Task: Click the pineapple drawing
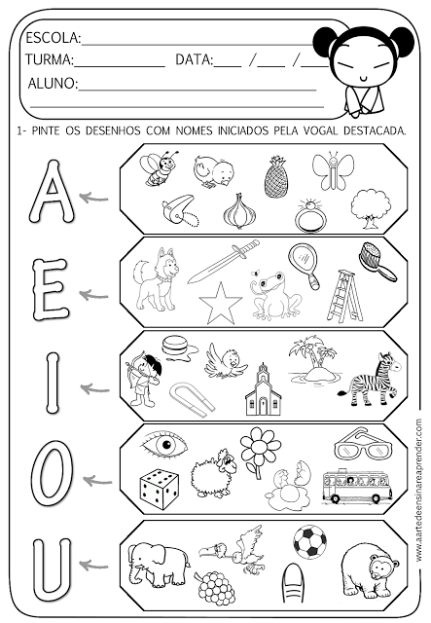coord(275,177)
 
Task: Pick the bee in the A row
coord(158,167)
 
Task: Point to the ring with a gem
coord(310,215)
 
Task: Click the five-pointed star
coord(221,304)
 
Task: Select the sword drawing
coord(223,261)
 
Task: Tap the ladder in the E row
coord(344,295)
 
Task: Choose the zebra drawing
coord(371,380)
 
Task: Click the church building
coord(263,390)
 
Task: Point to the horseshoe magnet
coord(192,398)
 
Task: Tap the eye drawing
coord(163,443)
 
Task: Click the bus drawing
coord(357,486)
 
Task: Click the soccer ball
coord(310,541)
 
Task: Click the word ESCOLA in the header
coord(54,38)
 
